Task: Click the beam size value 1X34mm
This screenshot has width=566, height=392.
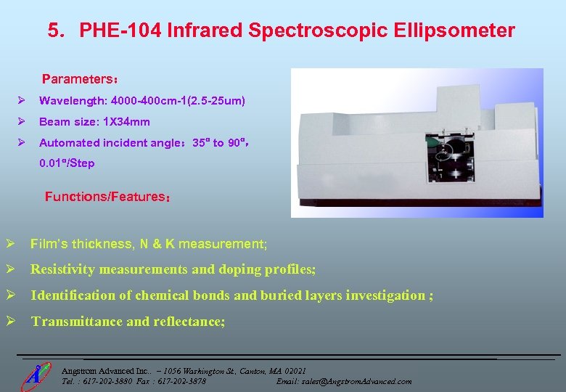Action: [x=127, y=122]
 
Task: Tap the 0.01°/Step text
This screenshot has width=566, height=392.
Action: [x=67, y=163]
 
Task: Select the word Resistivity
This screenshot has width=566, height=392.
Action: [x=62, y=269]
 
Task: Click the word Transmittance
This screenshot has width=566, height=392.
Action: [x=76, y=322]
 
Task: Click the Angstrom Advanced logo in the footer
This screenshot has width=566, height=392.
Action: [x=33, y=375]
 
